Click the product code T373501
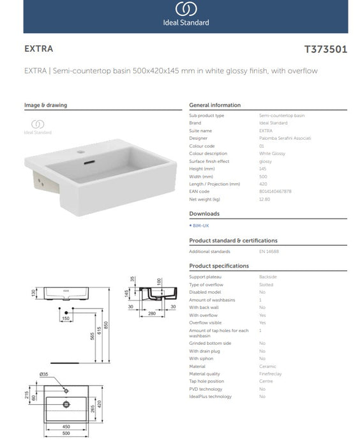point(326,49)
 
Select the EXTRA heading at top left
point(38,49)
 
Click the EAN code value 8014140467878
point(275,191)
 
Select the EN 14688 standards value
point(268,252)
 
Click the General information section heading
point(214,105)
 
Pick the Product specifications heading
point(219,266)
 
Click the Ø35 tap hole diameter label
point(44,374)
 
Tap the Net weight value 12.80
point(265,199)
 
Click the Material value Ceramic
point(267,366)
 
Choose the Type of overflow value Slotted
point(267,284)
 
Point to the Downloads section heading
point(204,214)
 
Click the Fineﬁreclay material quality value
point(271,374)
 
